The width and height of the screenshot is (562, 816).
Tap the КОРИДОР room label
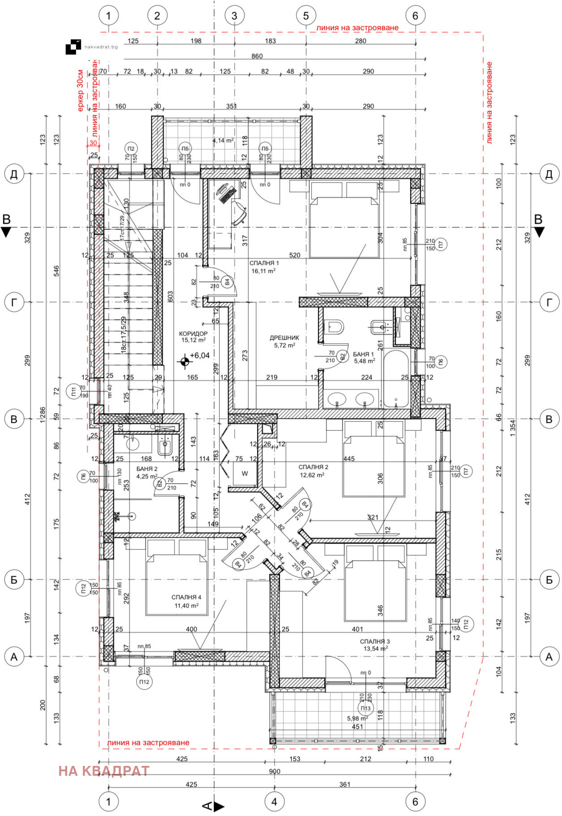[x=193, y=334]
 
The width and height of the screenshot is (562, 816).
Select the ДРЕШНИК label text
[x=284, y=338]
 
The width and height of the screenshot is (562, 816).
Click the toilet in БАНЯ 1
[x=334, y=327]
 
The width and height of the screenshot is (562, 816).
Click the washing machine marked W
[x=245, y=474]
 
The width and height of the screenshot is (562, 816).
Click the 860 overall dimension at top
[x=257, y=56]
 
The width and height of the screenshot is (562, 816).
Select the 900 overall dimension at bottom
[x=274, y=771]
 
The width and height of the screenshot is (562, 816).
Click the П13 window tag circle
[x=366, y=708]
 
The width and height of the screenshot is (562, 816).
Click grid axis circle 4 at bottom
[x=274, y=802]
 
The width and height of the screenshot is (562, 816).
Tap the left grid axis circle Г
[x=14, y=302]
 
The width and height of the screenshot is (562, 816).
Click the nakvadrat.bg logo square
[x=73, y=47]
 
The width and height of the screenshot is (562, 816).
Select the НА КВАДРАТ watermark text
[x=104, y=771]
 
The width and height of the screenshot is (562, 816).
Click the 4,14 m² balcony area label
[x=223, y=140]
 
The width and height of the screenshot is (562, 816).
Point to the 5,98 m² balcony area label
[x=357, y=718]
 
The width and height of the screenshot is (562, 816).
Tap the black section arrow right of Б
[x=540, y=232]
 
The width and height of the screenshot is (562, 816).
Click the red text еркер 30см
[x=80, y=90]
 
